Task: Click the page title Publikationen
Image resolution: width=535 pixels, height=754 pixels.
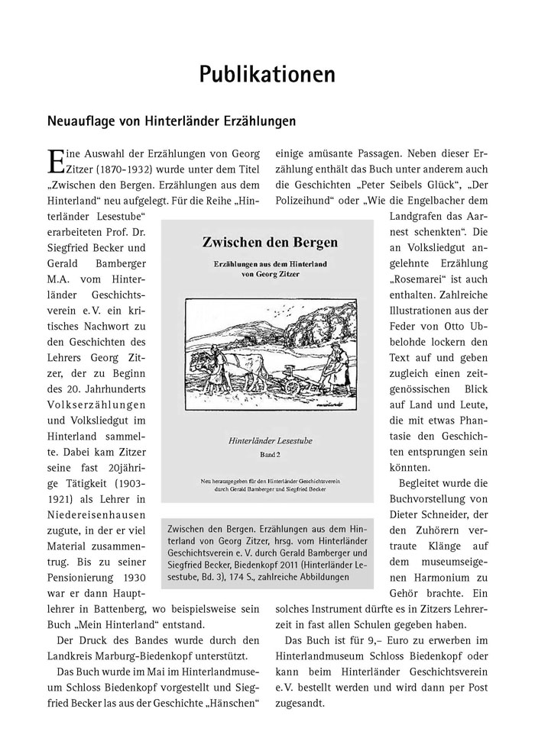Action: click(x=267, y=74)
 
